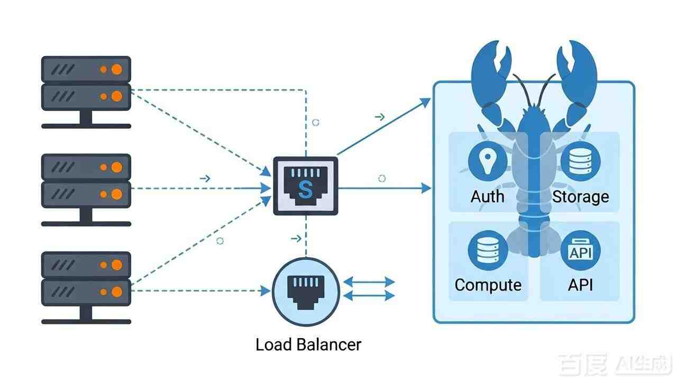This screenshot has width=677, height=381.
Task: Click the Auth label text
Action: (488, 196)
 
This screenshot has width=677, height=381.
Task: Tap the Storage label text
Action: (581, 197)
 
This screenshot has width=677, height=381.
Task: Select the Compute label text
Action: (488, 285)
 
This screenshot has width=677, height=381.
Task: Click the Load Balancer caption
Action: (308, 344)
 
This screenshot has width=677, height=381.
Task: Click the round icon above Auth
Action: (488, 161)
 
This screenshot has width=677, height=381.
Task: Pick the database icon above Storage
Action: (580, 161)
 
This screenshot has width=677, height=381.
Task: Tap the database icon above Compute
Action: (488, 250)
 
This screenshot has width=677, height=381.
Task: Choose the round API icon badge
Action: (580, 250)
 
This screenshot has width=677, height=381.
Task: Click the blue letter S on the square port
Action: (305, 189)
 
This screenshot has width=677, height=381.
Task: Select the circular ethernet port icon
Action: (306, 292)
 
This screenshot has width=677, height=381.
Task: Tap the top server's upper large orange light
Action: (117, 69)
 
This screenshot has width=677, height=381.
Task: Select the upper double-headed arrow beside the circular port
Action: (369, 282)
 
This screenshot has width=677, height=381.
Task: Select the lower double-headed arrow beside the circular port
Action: (369, 295)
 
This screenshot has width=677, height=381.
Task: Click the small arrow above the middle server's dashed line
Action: (205, 178)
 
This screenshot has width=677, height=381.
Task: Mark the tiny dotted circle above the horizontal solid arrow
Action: (382, 178)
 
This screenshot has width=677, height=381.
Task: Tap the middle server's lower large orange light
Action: (117, 194)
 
